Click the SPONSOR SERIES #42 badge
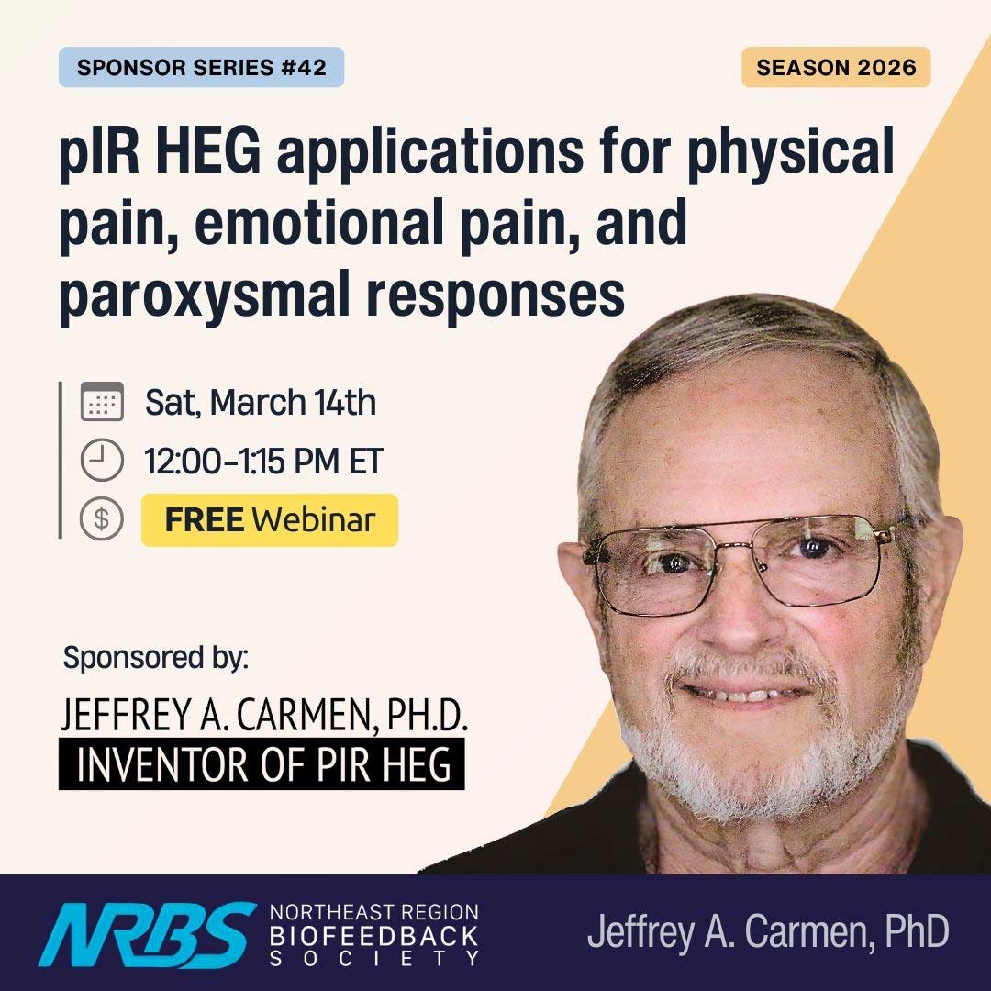click(x=201, y=68)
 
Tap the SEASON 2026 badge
click(x=836, y=68)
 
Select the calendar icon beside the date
click(x=102, y=404)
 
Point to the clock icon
click(x=102, y=462)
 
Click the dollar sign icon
click(x=102, y=520)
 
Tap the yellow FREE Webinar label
click(x=270, y=520)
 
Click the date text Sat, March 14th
click(x=261, y=404)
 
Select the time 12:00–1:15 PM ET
click(x=263, y=462)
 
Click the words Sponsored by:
click(x=156, y=658)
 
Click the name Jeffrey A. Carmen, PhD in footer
click(x=767, y=932)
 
